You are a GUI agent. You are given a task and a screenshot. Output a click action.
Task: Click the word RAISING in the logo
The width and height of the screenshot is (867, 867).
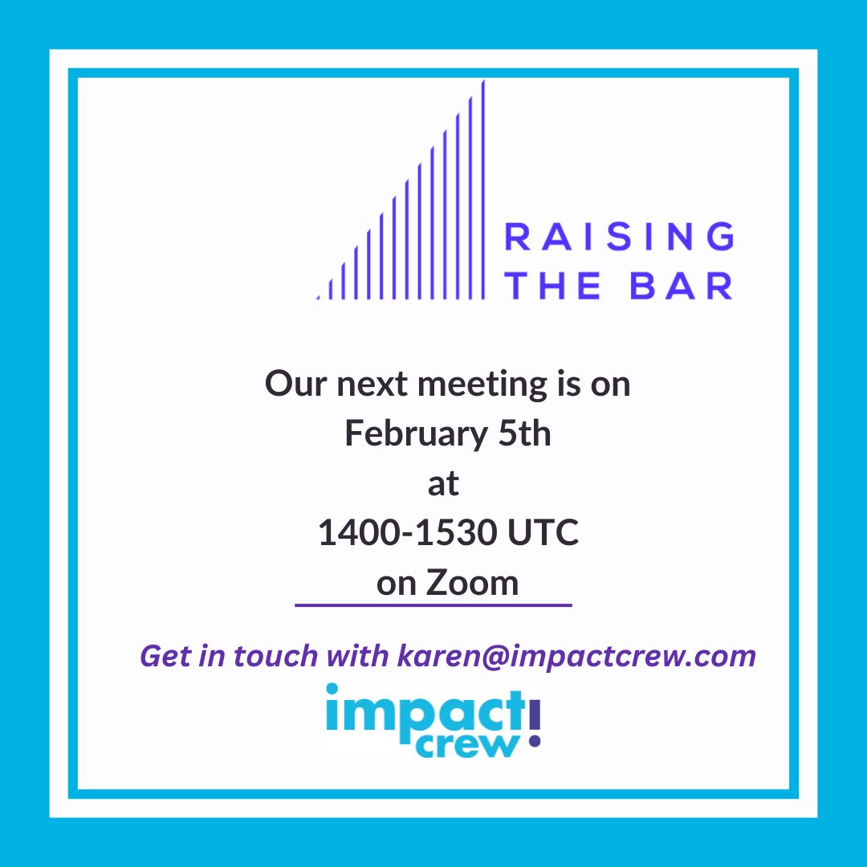(618, 238)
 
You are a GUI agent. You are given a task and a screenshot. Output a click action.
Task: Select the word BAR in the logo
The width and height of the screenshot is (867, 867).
(682, 286)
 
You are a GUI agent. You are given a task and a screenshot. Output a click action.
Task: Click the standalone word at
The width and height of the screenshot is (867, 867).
(443, 484)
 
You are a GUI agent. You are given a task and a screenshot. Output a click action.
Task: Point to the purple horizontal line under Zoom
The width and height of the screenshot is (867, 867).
(433, 604)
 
